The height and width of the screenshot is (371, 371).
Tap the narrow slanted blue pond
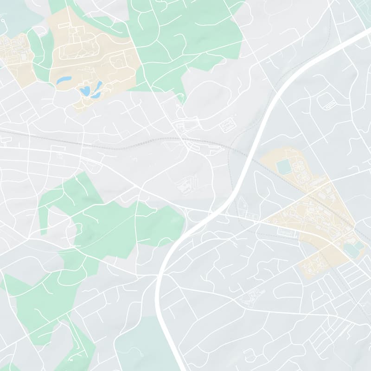click(x=99, y=86)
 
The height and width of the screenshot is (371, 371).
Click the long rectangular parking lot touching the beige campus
click(x=288, y=233)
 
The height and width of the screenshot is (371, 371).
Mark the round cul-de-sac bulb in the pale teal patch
click(x=4, y=21)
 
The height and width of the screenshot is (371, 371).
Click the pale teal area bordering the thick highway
click(x=139, y=343)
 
